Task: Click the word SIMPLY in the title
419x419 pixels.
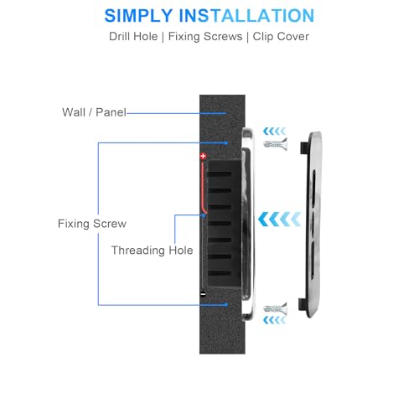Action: tap(138, 16)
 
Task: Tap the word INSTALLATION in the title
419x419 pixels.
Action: tap(246, 16)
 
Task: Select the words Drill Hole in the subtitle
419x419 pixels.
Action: tap(133, 37)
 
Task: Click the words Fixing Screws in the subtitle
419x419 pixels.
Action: tap(205, 37)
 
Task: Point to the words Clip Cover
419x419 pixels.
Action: tap(281, 37)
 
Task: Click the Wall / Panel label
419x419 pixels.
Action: tap(94, 112)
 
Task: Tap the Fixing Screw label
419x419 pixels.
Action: tap(92, 224)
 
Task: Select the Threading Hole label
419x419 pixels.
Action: tap(152, 251)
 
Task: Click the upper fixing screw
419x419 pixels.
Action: tap(276, 144)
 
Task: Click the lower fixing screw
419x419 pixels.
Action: tap(276, 308)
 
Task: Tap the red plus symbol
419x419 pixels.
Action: tap(204, 156)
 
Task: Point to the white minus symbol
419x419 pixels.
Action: tap(204, 293)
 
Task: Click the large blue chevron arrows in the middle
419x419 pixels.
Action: tap(279, 219)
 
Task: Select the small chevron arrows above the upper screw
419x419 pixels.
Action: tap(275, 131)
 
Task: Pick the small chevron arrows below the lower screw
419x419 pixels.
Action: tap(275, 320)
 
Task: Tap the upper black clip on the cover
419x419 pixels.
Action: tap(303, 147)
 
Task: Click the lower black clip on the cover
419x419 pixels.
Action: tap(303, 304)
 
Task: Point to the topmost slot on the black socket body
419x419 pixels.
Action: tap(220, 174)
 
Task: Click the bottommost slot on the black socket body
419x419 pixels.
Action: tap(220, 273)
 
